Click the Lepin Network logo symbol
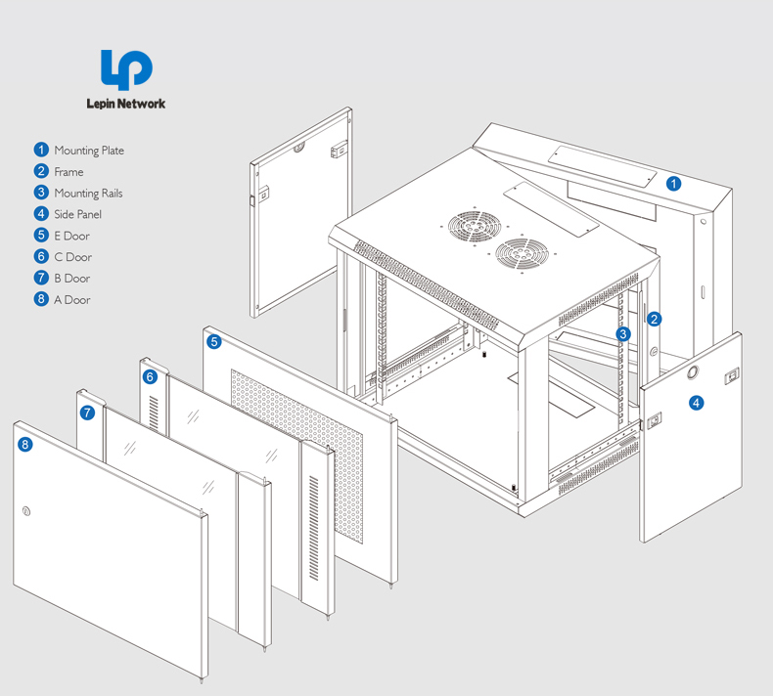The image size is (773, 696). tap(126, 70)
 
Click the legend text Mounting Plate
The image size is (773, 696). tap(89, 151)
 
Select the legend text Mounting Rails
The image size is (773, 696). tap(88, 194)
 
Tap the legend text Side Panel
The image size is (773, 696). tap(77, 214)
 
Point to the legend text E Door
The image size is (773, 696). tap(71, 236)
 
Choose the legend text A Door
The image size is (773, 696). tap(71, 300)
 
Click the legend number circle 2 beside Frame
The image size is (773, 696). tap(41, 171)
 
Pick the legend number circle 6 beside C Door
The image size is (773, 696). tap(41, 256)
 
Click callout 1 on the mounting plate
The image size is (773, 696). tap(674, 183)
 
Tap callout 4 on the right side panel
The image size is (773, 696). tap(696, 402)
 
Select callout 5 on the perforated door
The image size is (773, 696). tap(214, 341)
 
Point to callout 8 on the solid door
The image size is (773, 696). tap(25, 445)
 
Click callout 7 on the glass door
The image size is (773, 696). tap(87, 413)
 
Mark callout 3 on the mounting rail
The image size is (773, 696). tap(623, 334)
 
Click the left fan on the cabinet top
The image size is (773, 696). tap(469, 228)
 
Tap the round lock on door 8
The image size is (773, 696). tap(26, 510)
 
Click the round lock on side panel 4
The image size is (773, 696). tap(693, 372)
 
